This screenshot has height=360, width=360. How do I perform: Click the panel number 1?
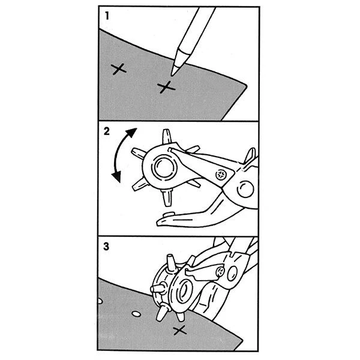[107, 16]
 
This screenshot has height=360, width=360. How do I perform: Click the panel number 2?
[107, 131]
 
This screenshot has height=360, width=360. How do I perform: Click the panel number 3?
[106, 247]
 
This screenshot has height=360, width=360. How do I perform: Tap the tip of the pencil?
[172, 75]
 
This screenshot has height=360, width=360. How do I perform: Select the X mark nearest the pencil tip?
[166, 87]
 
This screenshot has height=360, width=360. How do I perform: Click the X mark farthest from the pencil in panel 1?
[118, 69]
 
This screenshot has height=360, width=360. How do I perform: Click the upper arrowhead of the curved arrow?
[131, 132]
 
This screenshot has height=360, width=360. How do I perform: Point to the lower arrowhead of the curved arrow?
[117, 177]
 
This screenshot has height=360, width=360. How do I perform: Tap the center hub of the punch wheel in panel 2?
[164, 167]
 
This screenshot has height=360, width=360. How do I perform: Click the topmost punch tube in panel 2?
[167, 137]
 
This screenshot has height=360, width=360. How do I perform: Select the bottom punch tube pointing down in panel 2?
[167, 198]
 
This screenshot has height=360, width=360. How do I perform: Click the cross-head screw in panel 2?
[221, 175]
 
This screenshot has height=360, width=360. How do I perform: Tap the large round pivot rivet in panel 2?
[245, 189]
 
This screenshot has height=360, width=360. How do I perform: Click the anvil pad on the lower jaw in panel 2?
[168, 214]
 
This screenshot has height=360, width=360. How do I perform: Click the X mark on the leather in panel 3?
[180, 331]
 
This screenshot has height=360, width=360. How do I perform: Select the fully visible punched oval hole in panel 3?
[136, 314]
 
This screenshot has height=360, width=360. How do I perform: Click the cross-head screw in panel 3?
[220, 272]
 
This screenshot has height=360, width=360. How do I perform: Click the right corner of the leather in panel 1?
[247, 86]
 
